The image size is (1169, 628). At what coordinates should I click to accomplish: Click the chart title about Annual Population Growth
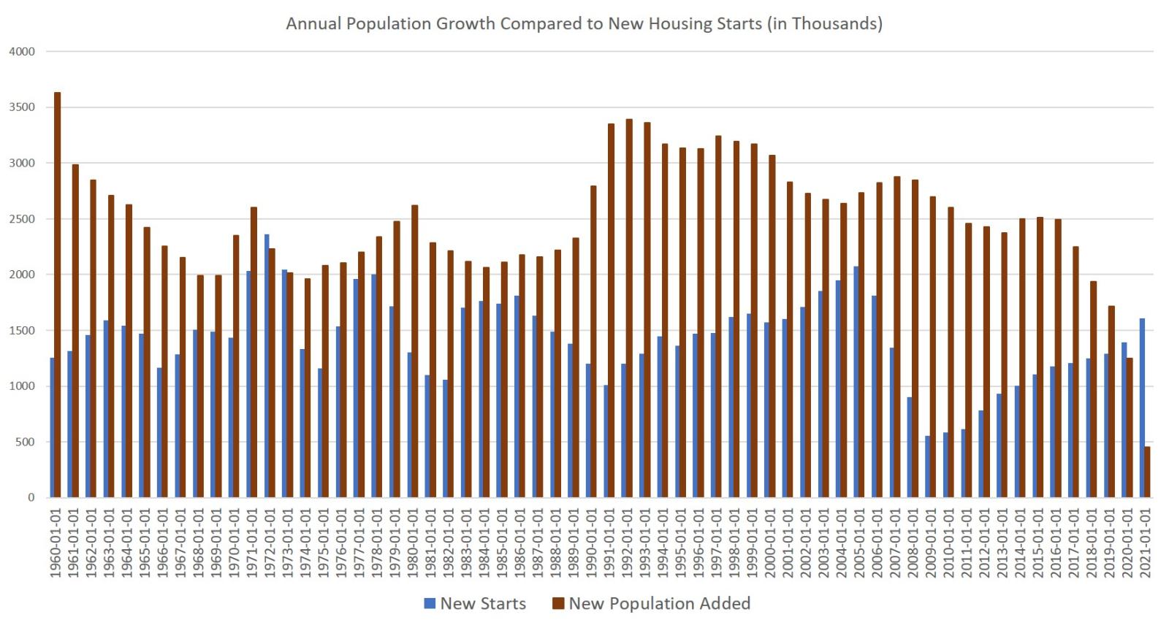584,23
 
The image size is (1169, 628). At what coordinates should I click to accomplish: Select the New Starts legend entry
475,604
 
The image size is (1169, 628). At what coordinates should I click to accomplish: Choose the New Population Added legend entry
651,604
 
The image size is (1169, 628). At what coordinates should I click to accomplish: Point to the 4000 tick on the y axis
22,52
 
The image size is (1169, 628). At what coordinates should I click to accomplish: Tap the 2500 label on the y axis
22,219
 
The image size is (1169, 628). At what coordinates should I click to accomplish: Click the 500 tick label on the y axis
25,442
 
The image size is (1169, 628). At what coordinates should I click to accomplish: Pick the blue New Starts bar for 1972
267,366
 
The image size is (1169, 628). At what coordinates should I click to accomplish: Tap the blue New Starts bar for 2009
928,467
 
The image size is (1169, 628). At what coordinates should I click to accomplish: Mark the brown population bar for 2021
1147,472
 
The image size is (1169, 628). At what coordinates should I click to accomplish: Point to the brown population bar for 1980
415,351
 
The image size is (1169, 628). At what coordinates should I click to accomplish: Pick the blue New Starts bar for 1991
606,441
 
